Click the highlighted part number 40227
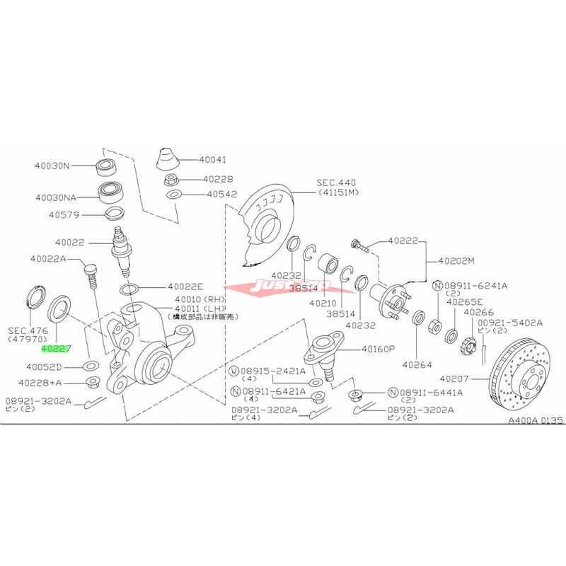click(55, 348)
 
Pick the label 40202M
click(459, 260)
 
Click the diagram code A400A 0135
click(534, 420)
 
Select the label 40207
click(457, 379)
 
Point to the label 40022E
click(185, 287)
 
